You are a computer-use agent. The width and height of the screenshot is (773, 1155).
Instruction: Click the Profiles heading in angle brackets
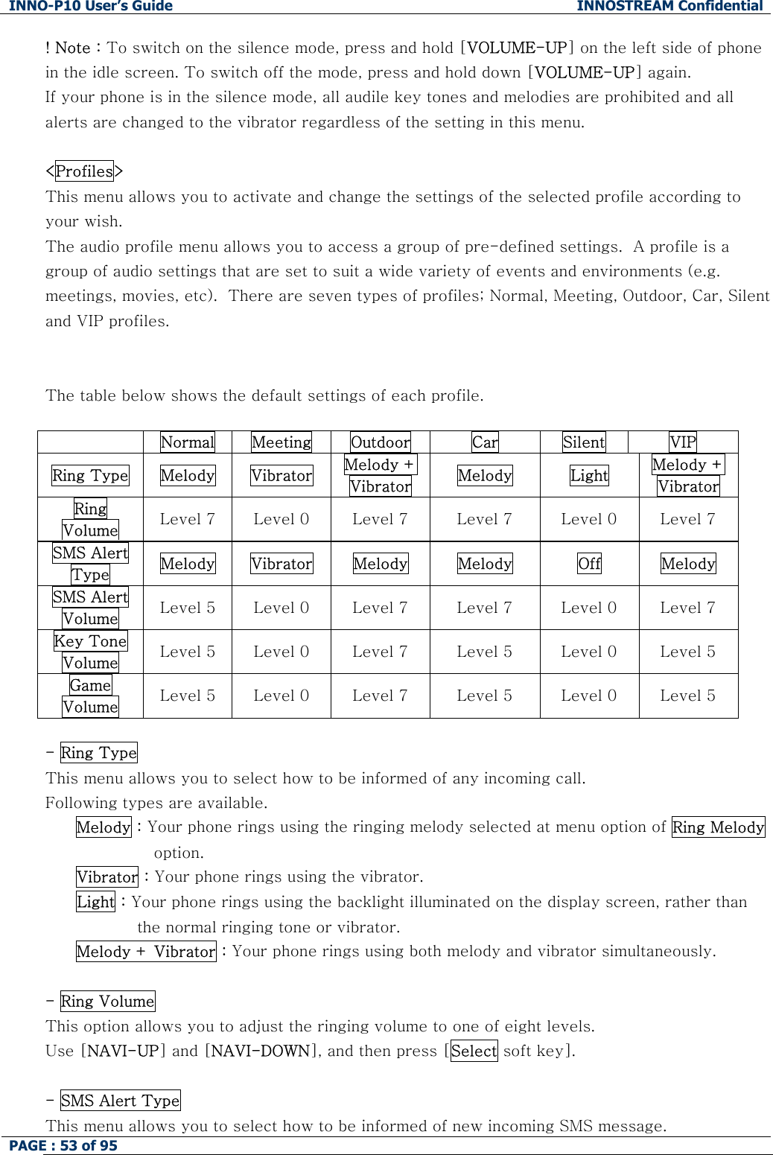point(84,171)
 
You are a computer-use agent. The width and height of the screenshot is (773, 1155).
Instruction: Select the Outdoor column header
point(380,442)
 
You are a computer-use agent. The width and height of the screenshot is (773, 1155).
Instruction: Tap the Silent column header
point(584,442)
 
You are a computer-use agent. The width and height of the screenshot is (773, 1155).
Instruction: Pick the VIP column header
point(682,442)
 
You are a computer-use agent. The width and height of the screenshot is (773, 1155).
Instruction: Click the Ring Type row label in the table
point(90,475)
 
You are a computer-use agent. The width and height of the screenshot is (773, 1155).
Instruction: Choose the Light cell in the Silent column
point(589,475)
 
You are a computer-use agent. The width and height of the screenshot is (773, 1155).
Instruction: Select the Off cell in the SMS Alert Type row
point(589,564)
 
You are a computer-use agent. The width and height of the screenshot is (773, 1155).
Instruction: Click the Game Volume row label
point(90,696)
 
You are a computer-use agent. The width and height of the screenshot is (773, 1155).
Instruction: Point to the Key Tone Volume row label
point(90,652)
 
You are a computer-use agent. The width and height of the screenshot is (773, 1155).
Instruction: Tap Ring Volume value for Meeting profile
point(281,519)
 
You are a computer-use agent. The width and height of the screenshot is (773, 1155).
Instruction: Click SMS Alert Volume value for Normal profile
point(187,608)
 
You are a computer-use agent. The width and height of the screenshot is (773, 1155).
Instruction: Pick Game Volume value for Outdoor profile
point(380,696)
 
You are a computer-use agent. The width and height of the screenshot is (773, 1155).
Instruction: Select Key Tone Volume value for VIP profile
point(687,652)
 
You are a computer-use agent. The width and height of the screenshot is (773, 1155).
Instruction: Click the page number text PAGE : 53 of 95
point(63,1145)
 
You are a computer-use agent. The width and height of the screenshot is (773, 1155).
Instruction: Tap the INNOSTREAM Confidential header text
point(669,7)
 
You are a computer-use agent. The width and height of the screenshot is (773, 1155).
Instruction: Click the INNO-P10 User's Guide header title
point(91,7)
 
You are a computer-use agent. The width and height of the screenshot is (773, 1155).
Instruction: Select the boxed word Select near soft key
point(474,1051)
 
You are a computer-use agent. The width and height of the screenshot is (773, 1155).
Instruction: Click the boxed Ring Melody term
point(718,827)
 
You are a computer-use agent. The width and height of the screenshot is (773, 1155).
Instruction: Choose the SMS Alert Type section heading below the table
point(120,1101)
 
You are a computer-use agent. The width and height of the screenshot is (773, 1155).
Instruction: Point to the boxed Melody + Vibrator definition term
point(146,952)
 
